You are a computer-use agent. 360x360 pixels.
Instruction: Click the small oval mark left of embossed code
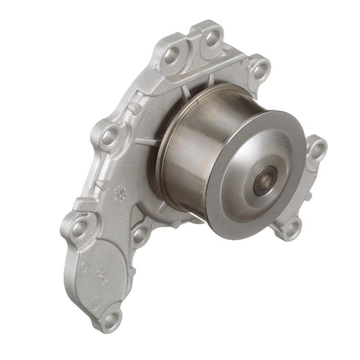pyautogui.click(x=84, y=268)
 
